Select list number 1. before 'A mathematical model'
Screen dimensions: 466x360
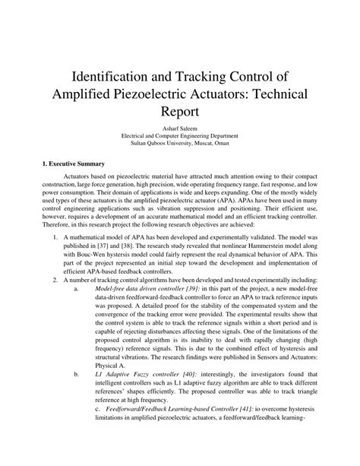coord(55,259)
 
